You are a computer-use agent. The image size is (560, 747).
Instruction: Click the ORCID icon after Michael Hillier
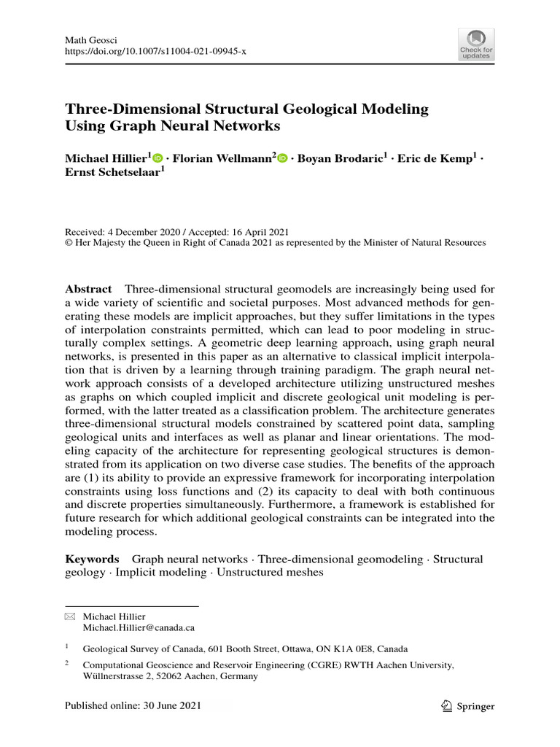[x=158, y=158]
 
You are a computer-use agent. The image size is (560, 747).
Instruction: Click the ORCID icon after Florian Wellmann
[x=282, y=158]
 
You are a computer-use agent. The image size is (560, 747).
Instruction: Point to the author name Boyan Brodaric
[x=338, y=158]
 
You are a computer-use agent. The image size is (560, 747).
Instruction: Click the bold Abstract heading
[x=88, y=289]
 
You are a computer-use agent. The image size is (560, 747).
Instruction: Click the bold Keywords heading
[x=92, y=559]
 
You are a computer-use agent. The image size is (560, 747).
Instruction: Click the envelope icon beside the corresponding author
[x=70, y=616]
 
